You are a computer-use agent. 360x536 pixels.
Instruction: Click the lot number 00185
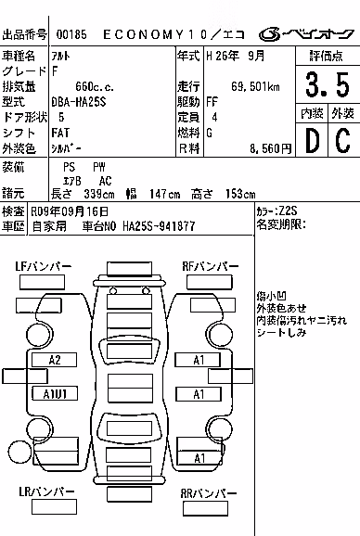click(x=71, y=34)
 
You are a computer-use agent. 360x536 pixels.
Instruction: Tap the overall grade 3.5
click(x=328, y=84)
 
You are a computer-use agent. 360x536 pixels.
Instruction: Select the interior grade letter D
click(x=313, y=140)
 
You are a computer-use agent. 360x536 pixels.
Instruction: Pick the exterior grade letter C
click(x=343, y=140)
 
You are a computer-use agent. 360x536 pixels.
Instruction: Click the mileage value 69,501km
click(x=255, y=87)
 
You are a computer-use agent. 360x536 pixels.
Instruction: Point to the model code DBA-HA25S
click(x=79, y=102)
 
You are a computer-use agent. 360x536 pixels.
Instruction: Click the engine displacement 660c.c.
click(x=95, y=87)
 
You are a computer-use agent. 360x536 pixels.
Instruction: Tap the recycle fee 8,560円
click(x=271, y=148)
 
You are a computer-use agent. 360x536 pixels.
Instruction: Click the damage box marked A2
click(x=55, y=360)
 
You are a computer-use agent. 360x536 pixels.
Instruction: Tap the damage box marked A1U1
click(x=55, y=394)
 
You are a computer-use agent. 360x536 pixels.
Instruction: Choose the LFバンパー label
click(x=44, y=266)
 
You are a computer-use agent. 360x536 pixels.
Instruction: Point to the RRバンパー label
click(x=209, y=493)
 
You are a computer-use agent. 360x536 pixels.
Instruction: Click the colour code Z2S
click(x=288, y=211)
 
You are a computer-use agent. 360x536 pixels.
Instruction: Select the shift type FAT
click(x=60, y=133)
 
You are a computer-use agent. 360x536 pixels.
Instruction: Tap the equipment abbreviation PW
click(x=99, y=167)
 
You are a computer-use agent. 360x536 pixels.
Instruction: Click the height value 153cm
click(x=240, y=194)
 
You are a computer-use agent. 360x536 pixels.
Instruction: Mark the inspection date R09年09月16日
click(x=70, y=211)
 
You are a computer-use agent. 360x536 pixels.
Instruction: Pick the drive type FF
click(x=212, y=102)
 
